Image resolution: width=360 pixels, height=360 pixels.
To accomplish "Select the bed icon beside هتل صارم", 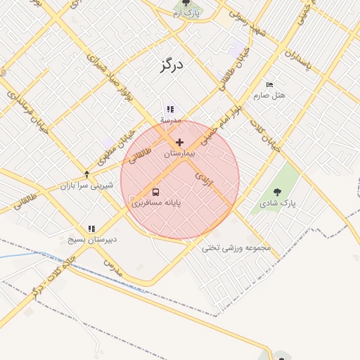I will [x=270, y=85].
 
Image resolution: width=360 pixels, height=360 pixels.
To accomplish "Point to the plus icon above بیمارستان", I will [x=179, y=142].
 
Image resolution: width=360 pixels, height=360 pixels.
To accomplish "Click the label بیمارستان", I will [x=179, y=153].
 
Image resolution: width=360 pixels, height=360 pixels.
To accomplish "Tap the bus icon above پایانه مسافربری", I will [x=155, y=191].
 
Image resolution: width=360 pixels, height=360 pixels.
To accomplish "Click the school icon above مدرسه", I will [x=169, y=109].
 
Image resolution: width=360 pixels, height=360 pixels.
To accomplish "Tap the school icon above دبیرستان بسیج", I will [x=91, y=229].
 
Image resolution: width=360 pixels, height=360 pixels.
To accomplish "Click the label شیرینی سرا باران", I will [x=86, y=186].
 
